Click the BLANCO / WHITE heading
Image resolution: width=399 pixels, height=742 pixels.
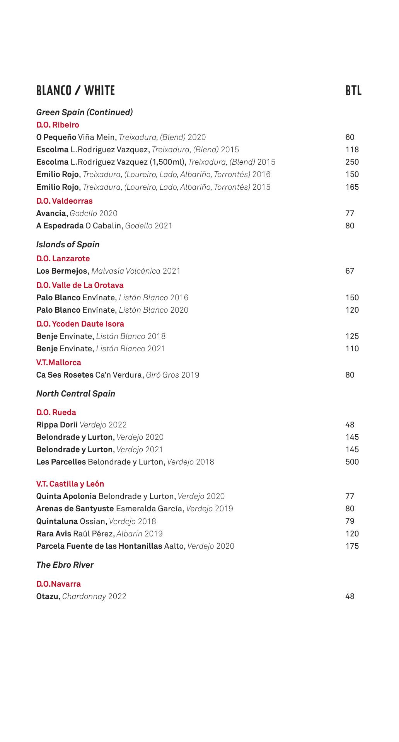pyautogui.click(x=75, y=91)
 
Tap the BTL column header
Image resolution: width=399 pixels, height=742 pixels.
pyautogui.click(x=353, y=91)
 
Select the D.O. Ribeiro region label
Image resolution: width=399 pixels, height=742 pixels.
pyautogui.click(x=58, y=125)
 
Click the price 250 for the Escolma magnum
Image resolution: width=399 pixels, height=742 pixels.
pyautogui.click(x=352, y=162)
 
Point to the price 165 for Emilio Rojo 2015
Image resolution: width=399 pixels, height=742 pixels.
pyautogui.click(x=352, y=187)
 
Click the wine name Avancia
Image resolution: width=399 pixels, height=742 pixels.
pyautogui.click(x=51, y=213)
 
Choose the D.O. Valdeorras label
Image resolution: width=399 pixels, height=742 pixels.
pyautogui.click(x=65, y=201)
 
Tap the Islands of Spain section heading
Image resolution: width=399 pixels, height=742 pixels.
pyautogui.click(x=68, y=245)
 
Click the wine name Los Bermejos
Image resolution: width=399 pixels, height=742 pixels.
pyautogui.click(x=62, y=271)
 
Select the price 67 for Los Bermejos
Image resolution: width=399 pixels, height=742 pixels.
pyautogui.click(x=350, y=271)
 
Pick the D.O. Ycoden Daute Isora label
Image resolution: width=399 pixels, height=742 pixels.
pyautogui.click(x=80, y=324)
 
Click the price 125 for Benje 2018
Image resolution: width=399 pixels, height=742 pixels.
pyautogui.click(x=352, y=336)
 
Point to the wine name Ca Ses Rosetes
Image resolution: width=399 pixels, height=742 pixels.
pyautogui.click(x=65, y=375)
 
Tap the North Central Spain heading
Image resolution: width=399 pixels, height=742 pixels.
pyautogui.click(x=76, y=394)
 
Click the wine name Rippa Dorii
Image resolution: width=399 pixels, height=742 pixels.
pyautogui.click(x=57, y=425)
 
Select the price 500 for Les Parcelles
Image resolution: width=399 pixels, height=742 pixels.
pyautogui.click(x=352, y=462)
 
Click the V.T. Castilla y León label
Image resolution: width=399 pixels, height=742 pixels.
pyautogui.click(x=70, y=484)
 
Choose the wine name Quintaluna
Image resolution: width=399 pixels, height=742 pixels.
pyautogui.click(x=57, y=521)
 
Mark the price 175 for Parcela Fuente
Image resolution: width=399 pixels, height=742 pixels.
pyautogui.click(x=352, y=546)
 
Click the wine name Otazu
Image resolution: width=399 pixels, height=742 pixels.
pyautogui.click(x=47, y=596)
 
